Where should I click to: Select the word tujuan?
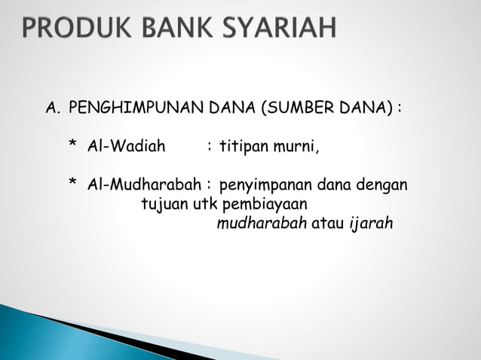pyautogui.click(x=164, y=204)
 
